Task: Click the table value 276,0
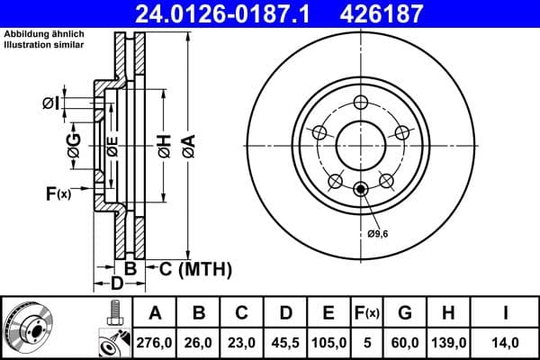(x=155, y=343)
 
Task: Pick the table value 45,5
(x=284, y=343)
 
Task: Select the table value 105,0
(x=328, y=343)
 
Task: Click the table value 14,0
(x=507, y=343)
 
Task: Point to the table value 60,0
(x=406, y=343)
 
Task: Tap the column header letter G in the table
(x=406, y=313)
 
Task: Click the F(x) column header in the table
(x=367, y=313)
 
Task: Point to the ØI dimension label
(x=50, y=103)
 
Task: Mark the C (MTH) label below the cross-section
(x=193, y=268)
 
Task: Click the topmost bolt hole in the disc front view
(x=362, y=102)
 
